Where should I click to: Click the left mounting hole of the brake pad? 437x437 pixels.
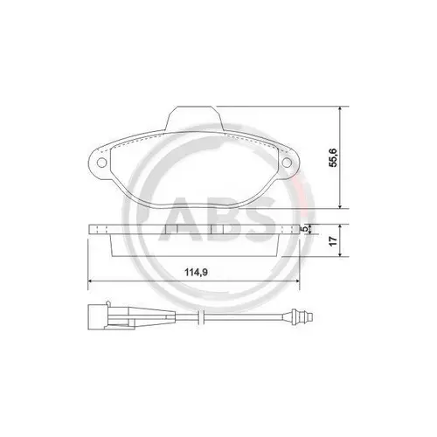[101, 163]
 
